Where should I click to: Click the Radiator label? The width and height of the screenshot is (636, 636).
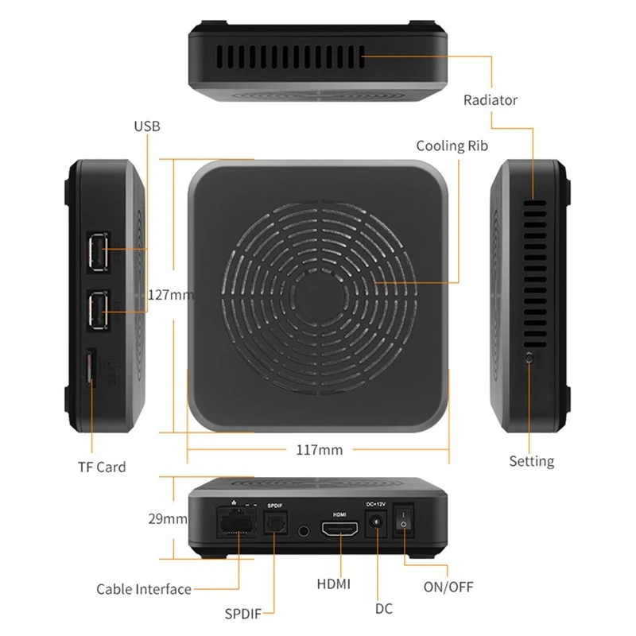(490, 100)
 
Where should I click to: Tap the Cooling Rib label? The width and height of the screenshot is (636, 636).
(452, 145)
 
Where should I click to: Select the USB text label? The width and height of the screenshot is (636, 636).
(147, 126)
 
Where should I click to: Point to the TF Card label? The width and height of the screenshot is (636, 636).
(102, 467)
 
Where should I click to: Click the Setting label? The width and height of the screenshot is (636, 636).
(531, 461)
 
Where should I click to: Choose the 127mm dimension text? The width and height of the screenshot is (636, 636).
(171, 294)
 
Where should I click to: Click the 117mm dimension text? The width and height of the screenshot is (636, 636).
(320, 449)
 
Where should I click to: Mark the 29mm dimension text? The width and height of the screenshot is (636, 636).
(168, 518)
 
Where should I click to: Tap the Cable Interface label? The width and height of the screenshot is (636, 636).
(144, 589)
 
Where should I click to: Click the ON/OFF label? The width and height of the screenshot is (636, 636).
(448, 587)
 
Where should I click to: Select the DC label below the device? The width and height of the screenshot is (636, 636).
(384, 609)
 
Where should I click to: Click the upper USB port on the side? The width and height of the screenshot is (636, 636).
(98, 253)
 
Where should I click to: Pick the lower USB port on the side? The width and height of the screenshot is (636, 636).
(98, 310)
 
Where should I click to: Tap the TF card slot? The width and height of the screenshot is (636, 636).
(90, 368)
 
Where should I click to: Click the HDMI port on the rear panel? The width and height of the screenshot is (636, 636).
(340, 529)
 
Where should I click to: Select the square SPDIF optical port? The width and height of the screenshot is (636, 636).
(275, 523)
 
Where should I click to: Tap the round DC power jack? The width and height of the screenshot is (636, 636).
(376, 522)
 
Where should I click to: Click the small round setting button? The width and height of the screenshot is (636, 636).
(529, 359)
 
